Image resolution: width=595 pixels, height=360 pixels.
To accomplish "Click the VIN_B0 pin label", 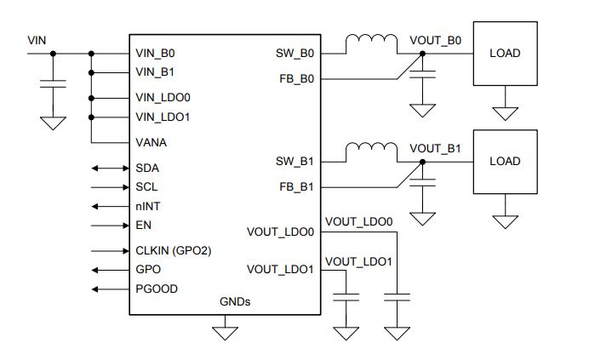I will (156, 53).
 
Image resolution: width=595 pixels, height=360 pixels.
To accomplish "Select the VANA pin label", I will (152, 141).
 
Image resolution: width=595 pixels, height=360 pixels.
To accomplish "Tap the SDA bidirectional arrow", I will (108, 169).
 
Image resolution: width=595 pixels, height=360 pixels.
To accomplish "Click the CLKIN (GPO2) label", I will (173, 251).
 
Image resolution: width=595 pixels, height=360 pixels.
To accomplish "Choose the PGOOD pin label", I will (157, 289).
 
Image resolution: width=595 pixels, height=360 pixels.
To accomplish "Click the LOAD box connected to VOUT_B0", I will (505, 54).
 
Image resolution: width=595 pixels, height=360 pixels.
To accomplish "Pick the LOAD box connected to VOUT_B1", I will (505, 161).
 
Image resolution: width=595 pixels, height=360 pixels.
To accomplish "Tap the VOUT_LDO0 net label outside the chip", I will (358, 221).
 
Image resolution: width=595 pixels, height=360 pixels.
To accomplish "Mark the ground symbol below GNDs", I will (225, 330).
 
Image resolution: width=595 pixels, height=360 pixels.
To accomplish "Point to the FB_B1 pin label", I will (296, 186).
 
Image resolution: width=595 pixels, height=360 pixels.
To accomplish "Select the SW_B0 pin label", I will (295, 53).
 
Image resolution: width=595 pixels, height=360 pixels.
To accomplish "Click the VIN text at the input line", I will (37, 40).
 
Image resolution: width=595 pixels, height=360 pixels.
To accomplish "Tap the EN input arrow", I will (108, 226).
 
